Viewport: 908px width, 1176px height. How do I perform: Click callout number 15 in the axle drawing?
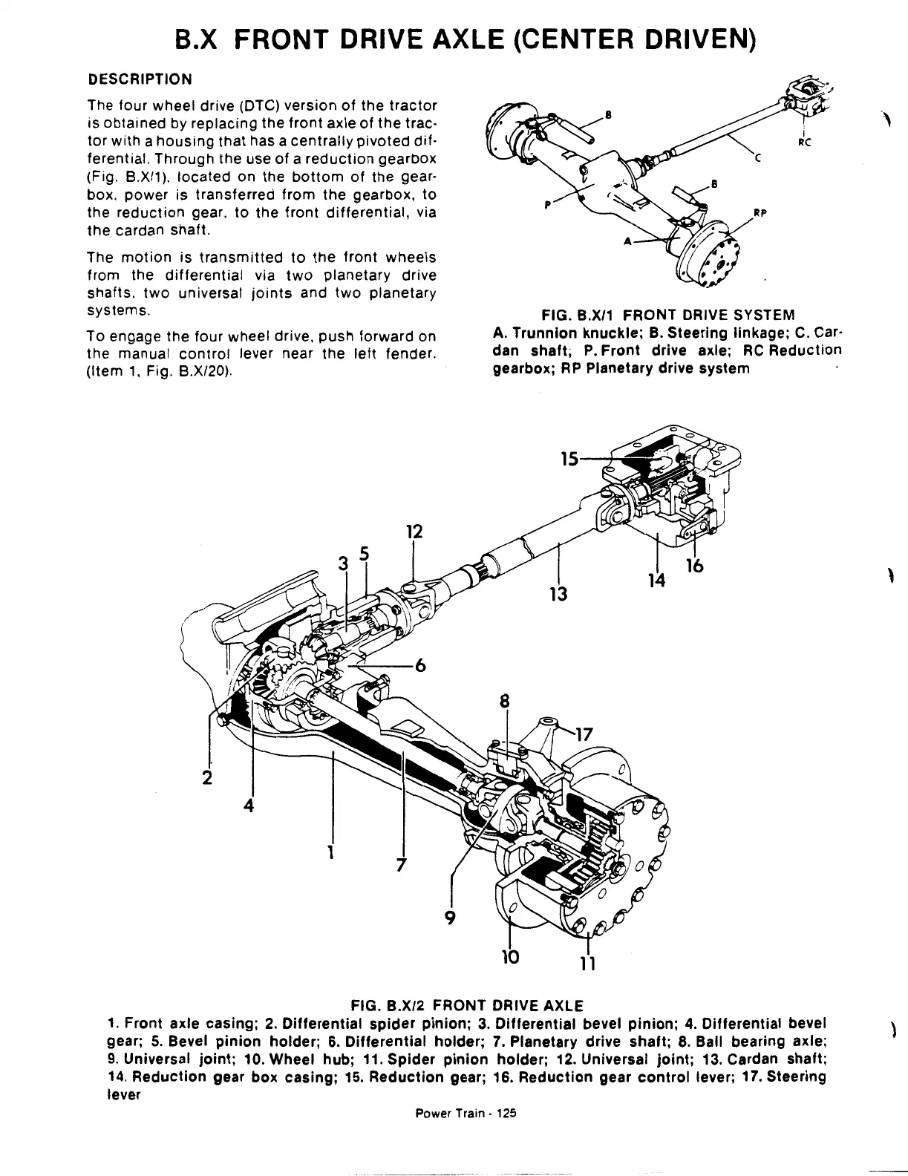pyautogui.click(x=569, y=460)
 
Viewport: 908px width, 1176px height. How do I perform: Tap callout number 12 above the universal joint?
pyautogui.click(x=415, y=532)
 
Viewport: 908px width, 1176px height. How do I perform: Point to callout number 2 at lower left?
pyautogui.click(x=207, y=777)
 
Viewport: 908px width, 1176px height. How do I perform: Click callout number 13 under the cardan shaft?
pyautogui.click(x=558, y=593)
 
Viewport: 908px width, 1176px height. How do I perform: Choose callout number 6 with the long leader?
pyautogui.click(x=419, y=666)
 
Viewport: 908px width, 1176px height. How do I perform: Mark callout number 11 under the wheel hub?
pyautogui.click(x=588, y=963)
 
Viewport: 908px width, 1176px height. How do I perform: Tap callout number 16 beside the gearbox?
pyautogui.click(x=695, y=566)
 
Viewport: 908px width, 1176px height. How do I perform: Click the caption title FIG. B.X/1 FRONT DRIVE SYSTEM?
pyautogui.click(x=667, y=315)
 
